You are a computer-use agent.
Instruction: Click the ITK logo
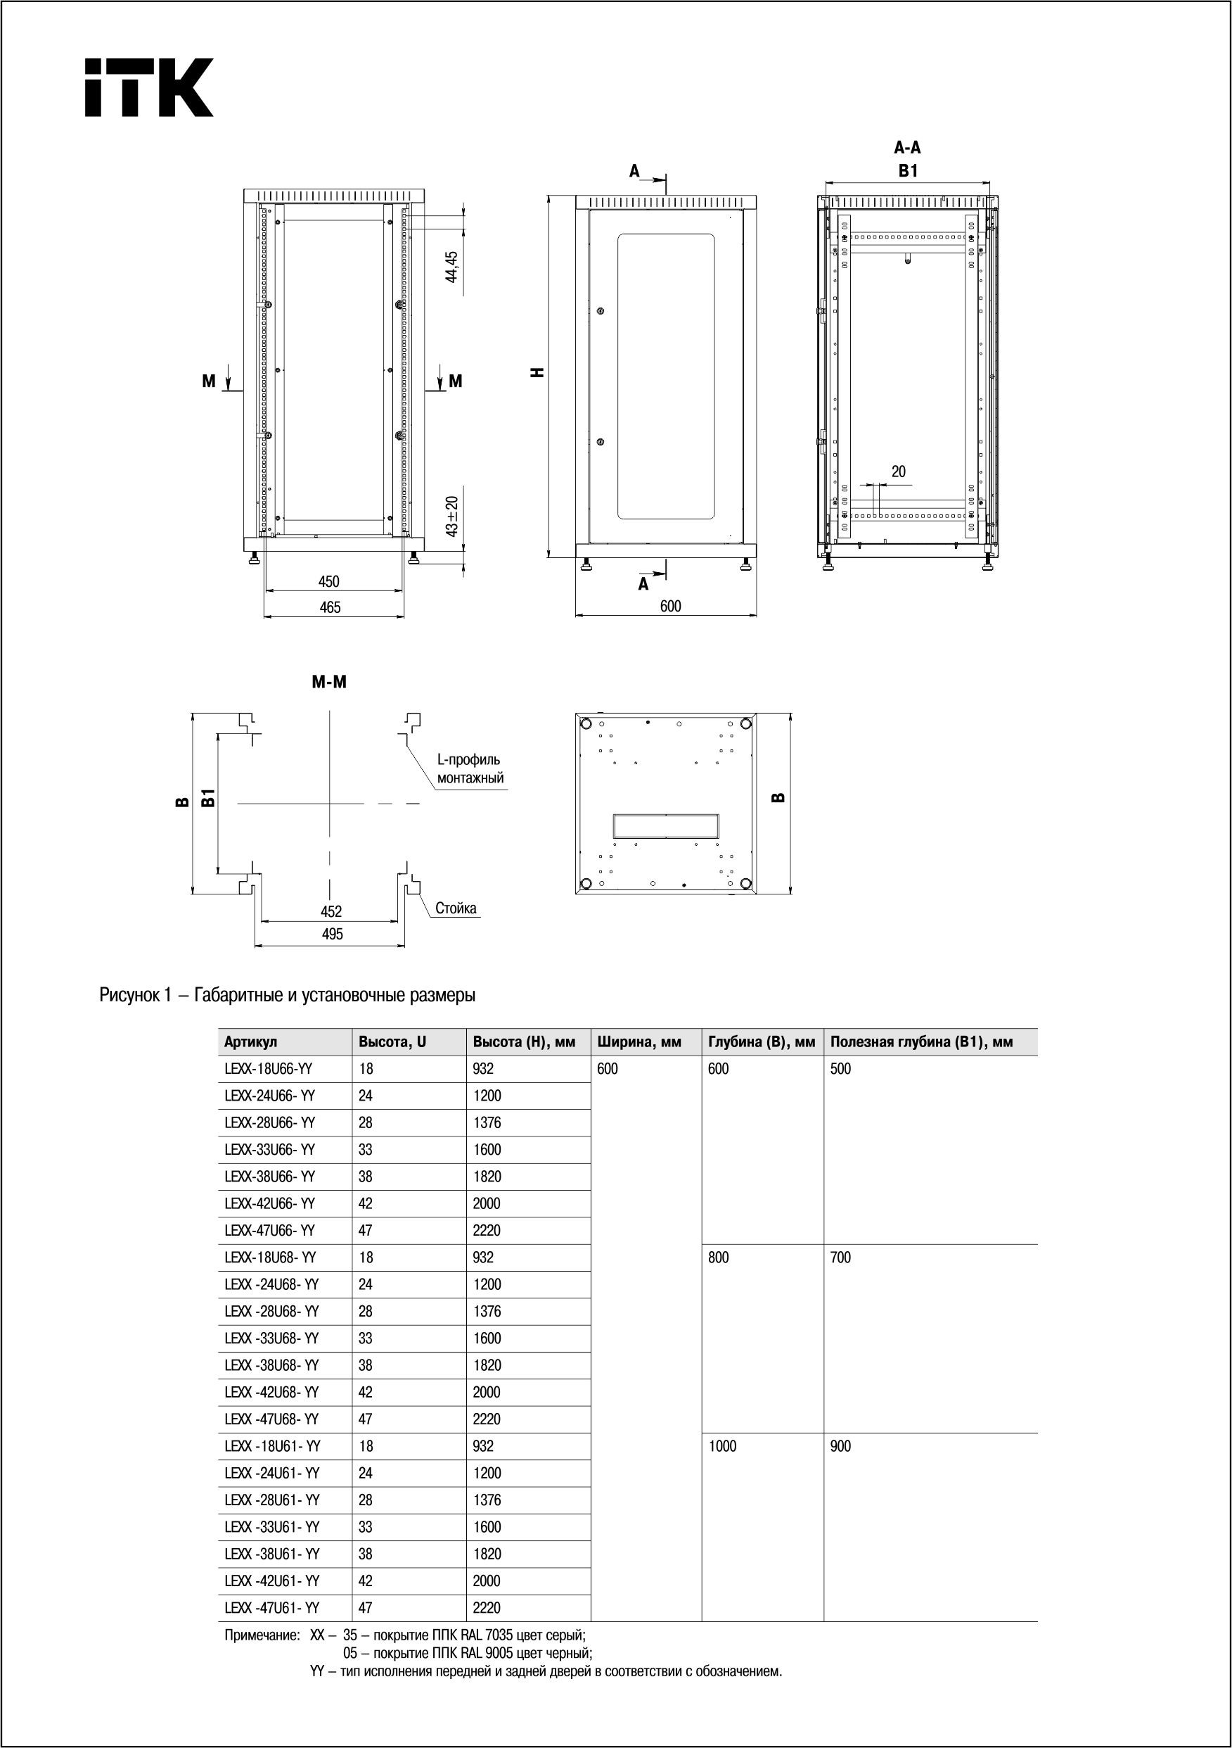point(148,87)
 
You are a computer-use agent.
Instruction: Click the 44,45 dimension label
point(451,267)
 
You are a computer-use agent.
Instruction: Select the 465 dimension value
point(330,607)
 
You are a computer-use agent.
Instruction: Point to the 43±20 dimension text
point(452,517)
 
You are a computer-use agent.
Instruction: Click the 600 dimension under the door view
point(670,607)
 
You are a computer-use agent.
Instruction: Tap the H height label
point(539,372)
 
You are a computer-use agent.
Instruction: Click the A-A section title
point(907,148)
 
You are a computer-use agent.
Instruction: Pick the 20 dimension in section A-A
point(899,472)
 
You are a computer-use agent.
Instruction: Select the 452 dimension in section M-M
point(331,911)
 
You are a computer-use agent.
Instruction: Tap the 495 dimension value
point(333,934)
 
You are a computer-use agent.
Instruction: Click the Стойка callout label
point(456,908)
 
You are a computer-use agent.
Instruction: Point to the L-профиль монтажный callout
point(470,769)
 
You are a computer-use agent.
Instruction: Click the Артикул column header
point(250,1042)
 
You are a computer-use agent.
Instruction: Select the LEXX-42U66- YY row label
point(269,1203)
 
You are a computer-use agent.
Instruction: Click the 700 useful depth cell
point(841,1258)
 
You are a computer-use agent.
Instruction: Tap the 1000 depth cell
point(722,1447)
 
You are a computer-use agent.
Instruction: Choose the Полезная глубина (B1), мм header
point(920,1042)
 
